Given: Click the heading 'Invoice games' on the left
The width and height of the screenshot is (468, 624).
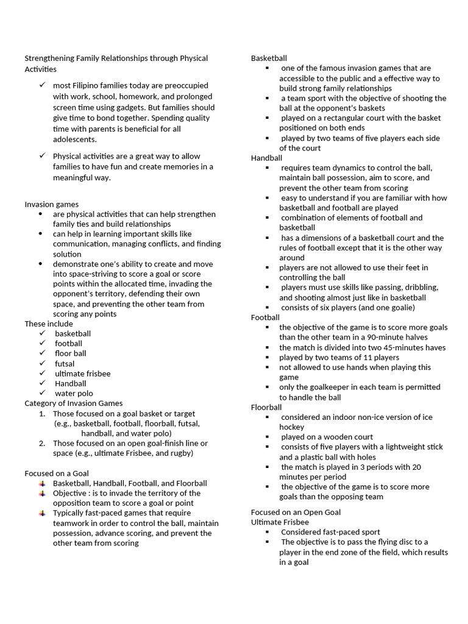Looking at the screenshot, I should tap(51, 204).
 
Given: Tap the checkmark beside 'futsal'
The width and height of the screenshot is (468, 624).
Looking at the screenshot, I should tap(42, 363).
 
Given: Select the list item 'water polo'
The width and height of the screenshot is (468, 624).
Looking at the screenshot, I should tap(74, 393).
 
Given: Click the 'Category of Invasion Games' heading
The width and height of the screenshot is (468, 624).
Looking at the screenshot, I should tap(73, 403).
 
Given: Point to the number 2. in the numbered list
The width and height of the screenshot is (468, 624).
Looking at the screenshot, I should tap(42, 443).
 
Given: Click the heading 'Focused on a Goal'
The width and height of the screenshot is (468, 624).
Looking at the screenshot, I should tap(56, 473).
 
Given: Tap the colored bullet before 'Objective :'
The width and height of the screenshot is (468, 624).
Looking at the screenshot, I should tap(41, 493).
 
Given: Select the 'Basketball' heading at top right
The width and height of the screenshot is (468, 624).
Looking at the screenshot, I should tap(269, 58).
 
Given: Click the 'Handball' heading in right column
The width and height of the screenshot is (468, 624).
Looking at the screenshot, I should tap(266, 158).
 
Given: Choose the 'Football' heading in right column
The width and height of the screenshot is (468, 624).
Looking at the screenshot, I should tap(265, 317).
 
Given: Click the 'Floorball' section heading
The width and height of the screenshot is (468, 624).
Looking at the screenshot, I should tap(266, 407).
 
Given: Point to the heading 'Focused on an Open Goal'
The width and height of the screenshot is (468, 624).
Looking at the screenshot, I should tap(296, 512).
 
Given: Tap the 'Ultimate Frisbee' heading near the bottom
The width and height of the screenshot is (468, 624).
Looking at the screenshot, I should tap(280, 522).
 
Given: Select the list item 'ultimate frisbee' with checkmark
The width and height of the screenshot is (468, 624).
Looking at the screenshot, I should tap(82, 373).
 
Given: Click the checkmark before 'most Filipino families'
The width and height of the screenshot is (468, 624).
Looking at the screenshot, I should tap(42, 85).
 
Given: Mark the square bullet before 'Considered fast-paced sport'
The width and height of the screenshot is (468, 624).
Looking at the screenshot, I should tap(267, 532).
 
